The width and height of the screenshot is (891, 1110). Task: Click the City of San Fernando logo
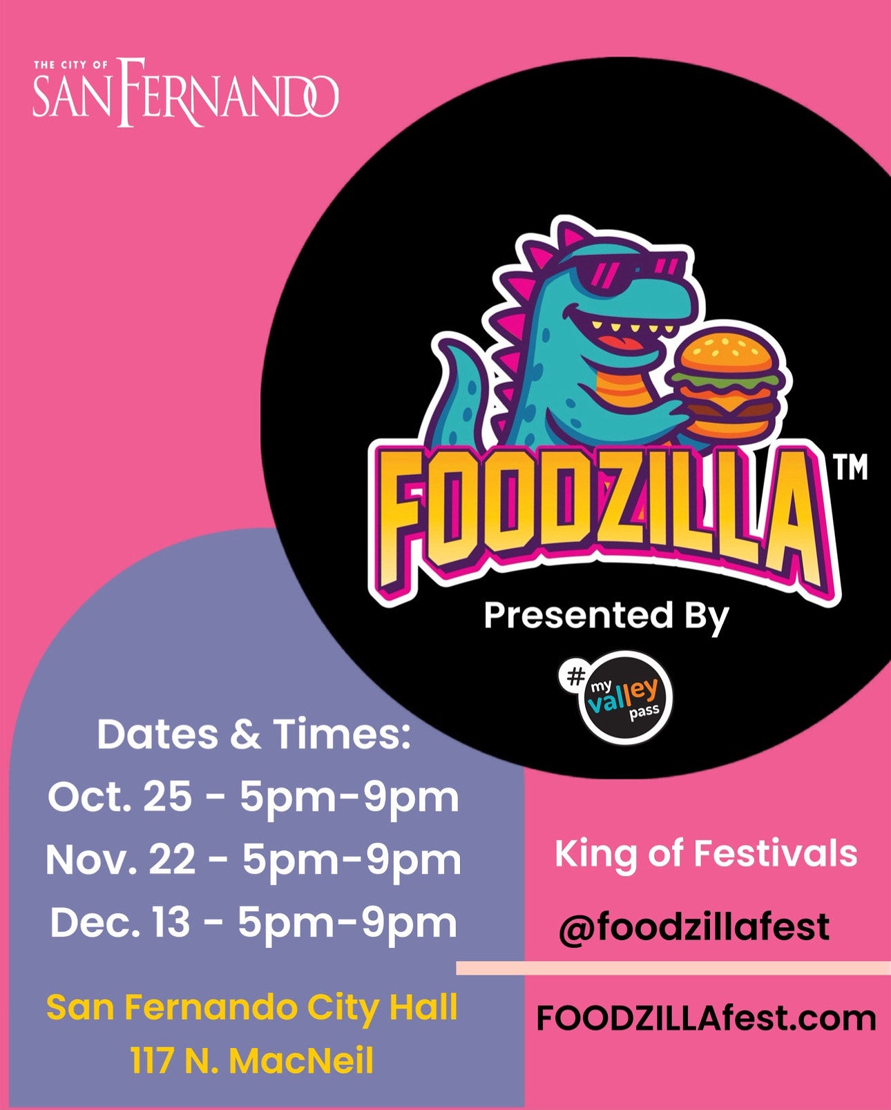tap(186, 92)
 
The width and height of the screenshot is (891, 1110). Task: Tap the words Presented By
tap(606, 617)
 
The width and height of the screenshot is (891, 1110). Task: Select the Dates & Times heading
tap(253, 734)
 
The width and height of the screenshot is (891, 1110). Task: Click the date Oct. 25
tap(120, 797)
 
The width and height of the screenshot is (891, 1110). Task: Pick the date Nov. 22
tap(122, 860)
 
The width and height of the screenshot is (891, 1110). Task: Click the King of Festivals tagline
tap(706, 854)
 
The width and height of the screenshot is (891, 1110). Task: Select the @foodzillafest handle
tap(694, 926)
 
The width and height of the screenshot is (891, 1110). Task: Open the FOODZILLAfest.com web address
tap(706, 1019)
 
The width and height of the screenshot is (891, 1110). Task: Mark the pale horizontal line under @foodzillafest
tap(673, 968)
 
